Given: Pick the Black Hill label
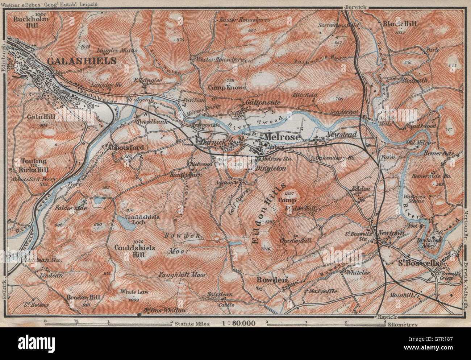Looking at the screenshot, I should tap(400, 24).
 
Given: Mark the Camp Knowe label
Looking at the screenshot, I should tap(232, 88).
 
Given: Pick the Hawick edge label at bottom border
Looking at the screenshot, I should tap(387, 317).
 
